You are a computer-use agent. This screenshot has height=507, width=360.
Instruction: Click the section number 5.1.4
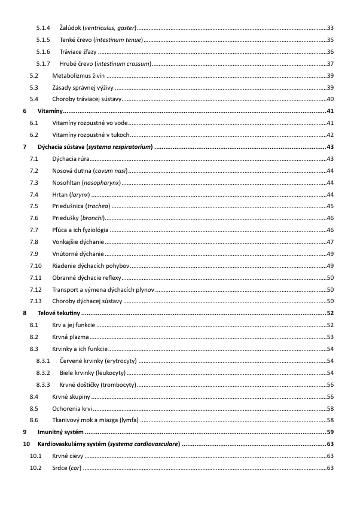(x=43, y=28)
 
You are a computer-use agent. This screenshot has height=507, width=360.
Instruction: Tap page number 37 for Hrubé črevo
(x=330, y=63)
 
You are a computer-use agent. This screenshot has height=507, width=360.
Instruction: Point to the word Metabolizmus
(x=71, y=75)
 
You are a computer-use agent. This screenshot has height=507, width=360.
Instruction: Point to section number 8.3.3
(x=43, y=384)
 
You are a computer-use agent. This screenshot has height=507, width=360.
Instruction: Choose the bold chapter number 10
(x=26, y=444)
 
